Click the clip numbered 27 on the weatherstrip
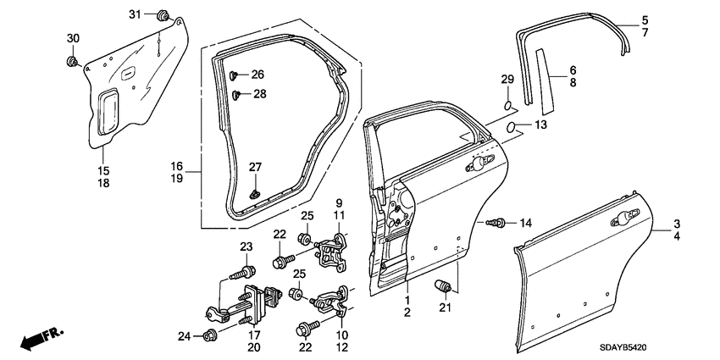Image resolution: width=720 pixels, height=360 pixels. [x=252, y=194]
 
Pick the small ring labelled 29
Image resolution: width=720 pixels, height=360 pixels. [x=507, y=106]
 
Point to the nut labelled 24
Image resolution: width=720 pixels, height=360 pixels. [x=209, y=337]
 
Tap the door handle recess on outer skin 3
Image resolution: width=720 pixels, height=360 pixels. [x=623, y=218]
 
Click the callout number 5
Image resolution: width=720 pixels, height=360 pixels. [x=645, y=20]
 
